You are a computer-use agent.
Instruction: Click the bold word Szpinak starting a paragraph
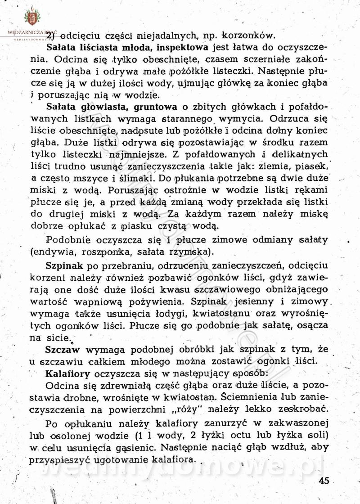point(63,264)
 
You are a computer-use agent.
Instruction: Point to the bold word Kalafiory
point(67,373)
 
